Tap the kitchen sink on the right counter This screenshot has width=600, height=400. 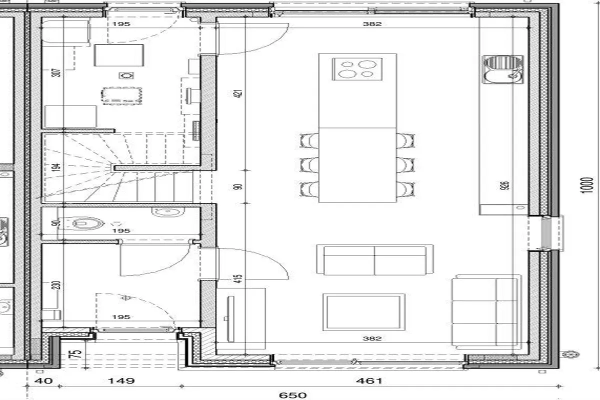503,69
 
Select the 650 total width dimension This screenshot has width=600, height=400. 293,395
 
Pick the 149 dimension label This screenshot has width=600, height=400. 121,381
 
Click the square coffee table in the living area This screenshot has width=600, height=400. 363,312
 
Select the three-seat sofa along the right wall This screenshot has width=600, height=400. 485,312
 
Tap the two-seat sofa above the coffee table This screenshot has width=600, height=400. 374,260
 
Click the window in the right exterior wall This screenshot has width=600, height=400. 546,232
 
